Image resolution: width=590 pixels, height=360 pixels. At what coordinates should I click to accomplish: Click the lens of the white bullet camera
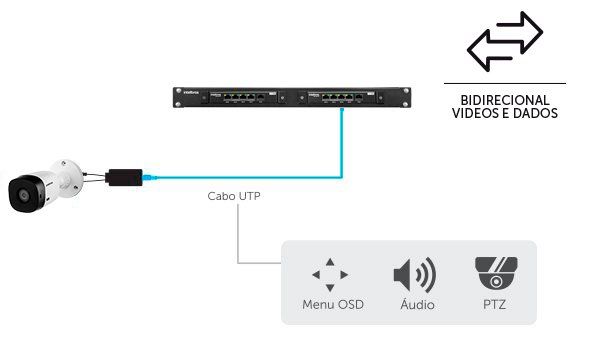coord(20,194)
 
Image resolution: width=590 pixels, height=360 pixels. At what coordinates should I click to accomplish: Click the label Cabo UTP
coord(234,197)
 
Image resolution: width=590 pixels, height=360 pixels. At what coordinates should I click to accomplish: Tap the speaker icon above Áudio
coord(413,274)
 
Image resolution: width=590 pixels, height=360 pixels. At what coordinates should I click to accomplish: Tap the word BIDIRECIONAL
coord(504,101)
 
